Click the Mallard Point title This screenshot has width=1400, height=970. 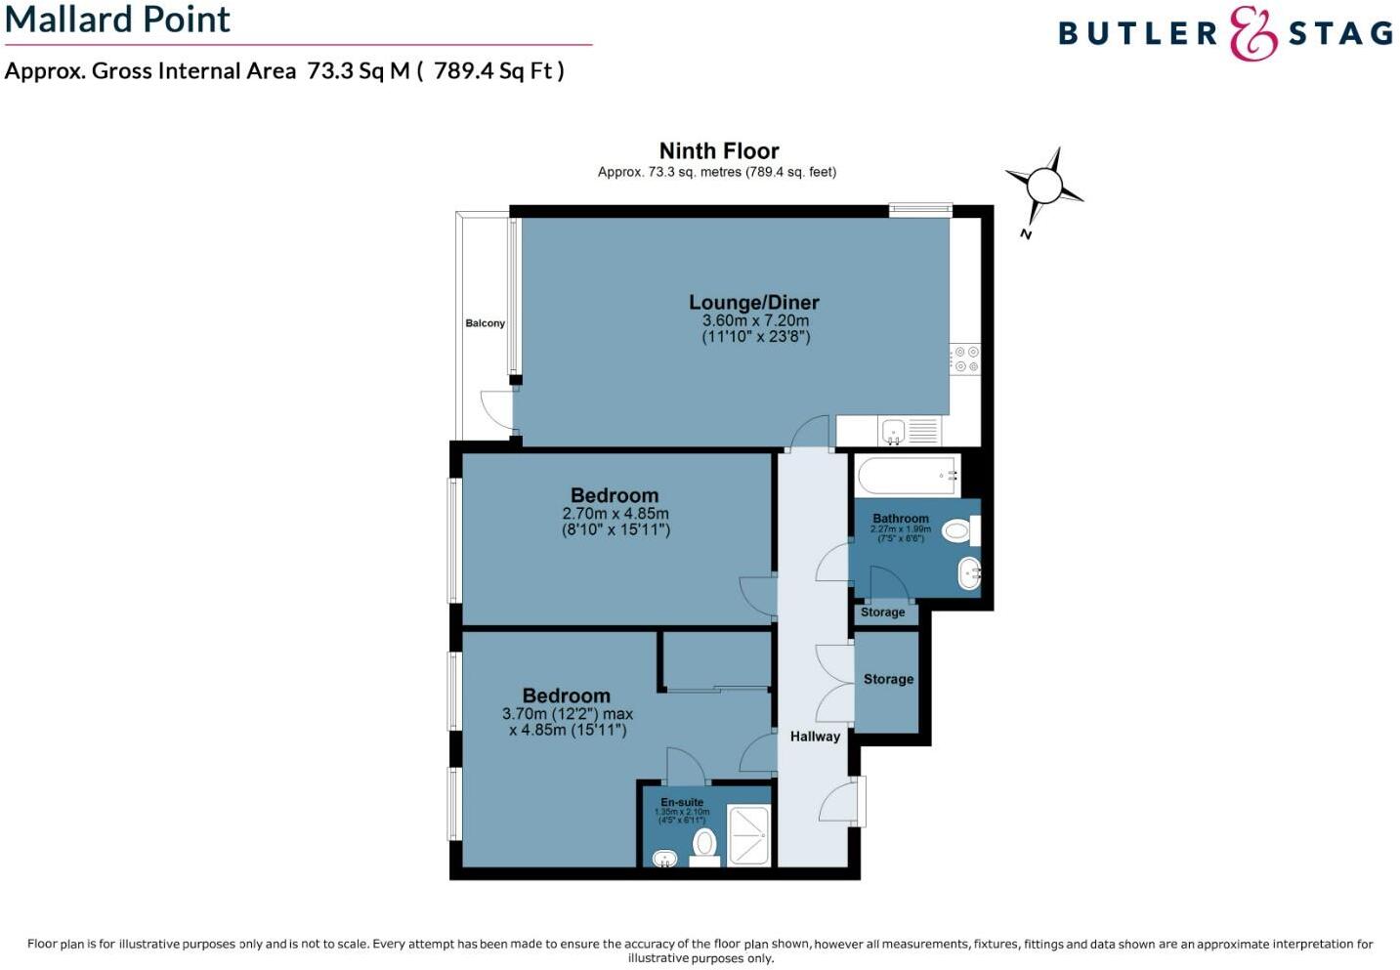click(117, 20)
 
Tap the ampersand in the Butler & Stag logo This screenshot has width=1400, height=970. click(1253, 34)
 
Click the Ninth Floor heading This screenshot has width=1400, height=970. click(719, 151)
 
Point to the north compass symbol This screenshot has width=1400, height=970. click(1043, 186)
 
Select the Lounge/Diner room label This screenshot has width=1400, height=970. click(754, 303)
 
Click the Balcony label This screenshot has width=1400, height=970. click(486, 323)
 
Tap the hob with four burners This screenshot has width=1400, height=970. click(966, 358)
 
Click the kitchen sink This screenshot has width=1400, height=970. click(893, 430)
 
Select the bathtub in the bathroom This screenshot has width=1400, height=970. click(908, 476)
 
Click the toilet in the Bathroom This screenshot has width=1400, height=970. click(958, 531)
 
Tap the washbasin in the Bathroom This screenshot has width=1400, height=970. click(969, 573)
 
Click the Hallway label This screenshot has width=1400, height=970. click(815, 737)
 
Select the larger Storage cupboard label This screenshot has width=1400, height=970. click(888, 679)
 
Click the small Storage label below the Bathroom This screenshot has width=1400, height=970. click(882, 612)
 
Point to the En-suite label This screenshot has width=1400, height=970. click(682, 802)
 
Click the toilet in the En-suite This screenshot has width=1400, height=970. click(704, 844)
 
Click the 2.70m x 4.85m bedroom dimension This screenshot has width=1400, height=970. click(615, 514)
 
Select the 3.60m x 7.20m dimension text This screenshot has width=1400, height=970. click(755, 320)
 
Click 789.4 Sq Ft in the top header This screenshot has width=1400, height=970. click(498, 71)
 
